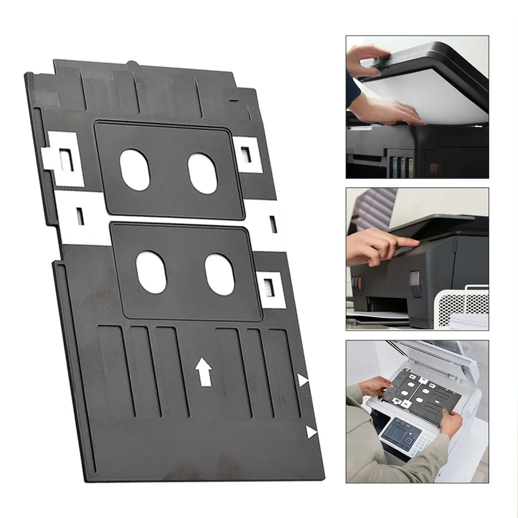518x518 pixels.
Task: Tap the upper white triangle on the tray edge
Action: tap(303, 380)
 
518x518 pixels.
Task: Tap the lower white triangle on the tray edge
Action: tap(311, 432)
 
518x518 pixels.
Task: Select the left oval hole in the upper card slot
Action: tap(135, 170)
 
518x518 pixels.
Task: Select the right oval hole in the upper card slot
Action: tap(203, 173)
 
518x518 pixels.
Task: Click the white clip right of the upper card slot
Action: tap(248, 154)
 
